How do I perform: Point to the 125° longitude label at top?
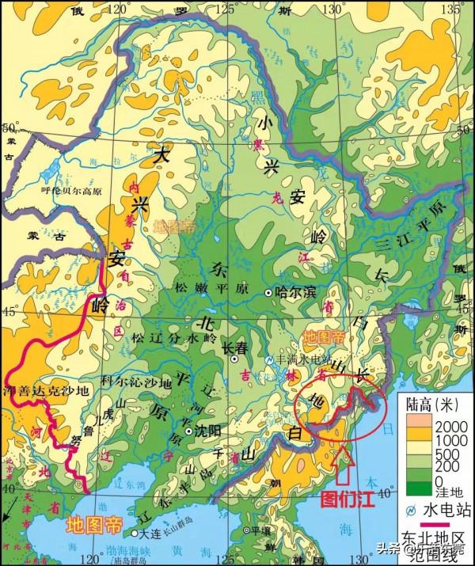(226, 9)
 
